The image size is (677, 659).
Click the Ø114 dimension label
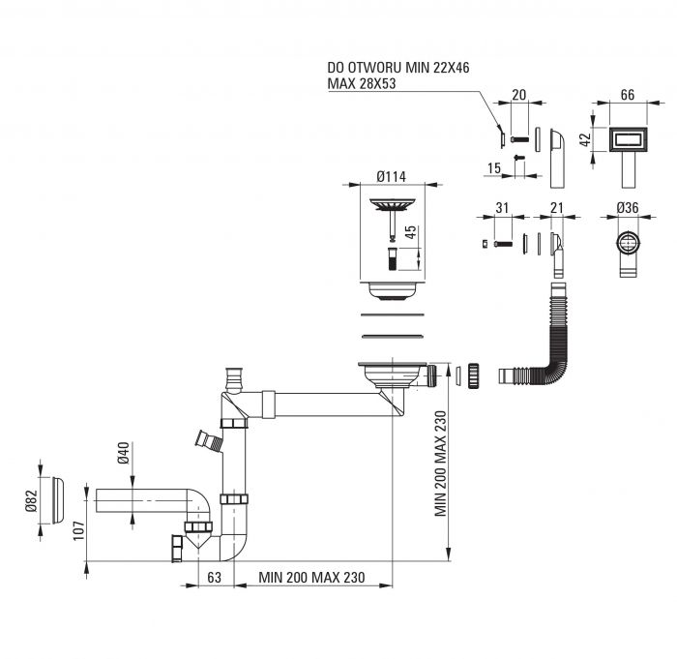click(391, 176)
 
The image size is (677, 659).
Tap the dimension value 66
click(628, 95)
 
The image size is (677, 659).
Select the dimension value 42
click(585, 139)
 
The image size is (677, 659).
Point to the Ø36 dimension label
click(628, 208)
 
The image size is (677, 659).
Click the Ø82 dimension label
click(32, 500)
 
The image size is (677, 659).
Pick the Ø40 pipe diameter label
click(123, 453)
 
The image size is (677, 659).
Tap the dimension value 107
click(78, 530)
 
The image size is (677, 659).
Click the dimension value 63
click(215, 578)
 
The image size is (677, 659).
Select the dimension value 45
click(411, 232)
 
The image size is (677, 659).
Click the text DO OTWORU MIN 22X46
click(398, 68)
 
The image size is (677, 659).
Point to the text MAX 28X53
click(362, 83)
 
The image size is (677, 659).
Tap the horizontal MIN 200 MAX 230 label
click(311, 578)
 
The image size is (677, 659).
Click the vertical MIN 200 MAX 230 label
click(440, 464)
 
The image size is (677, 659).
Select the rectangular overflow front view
click(629, 139)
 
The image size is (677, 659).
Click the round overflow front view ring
click(628, 243)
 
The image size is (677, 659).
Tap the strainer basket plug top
click(392, 204)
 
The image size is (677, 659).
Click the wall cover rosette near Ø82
click(59, 500)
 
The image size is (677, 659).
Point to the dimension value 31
click(502, 208)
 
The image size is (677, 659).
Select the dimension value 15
click(494, 168)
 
